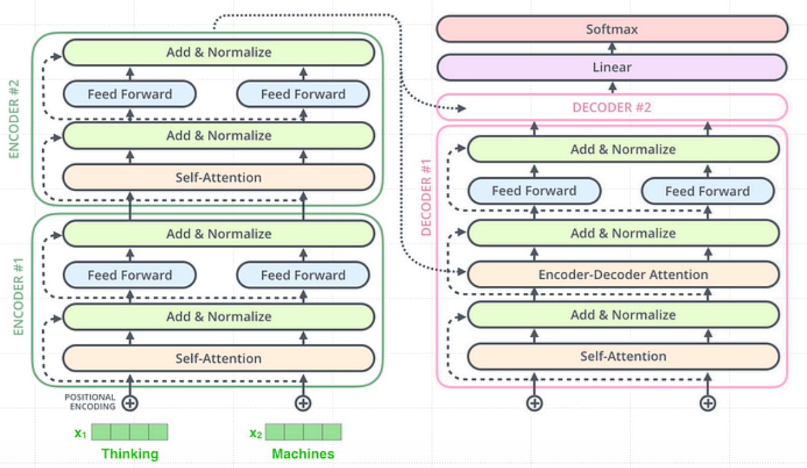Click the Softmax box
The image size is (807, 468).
(612, 29)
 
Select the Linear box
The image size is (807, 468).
(612, 67)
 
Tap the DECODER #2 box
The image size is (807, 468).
(612, 107)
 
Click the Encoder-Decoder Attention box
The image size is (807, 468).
(623, 274)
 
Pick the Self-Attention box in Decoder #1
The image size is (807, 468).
(623, 356)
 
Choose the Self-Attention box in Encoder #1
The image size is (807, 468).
(219, 359)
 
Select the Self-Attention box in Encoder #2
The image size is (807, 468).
(219, 177)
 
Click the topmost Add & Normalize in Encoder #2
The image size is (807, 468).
(219, 52)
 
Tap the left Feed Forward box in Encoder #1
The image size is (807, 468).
(130, 275)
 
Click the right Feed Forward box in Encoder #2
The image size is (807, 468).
(303, 94)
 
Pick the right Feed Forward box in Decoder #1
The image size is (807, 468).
(708, 191)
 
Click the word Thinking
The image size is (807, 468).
(130, 453)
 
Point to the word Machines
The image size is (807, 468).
(303, 453)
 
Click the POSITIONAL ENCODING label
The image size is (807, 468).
(90, 402)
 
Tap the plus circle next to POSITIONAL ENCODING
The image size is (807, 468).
(130, 403)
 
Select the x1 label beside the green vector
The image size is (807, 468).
(80, 433)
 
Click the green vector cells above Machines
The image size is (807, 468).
(303, 432)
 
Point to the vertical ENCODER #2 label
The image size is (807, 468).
(13, 119)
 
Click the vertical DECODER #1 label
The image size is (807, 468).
(426, 198)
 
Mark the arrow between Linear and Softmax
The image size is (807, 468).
(612, 49)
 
